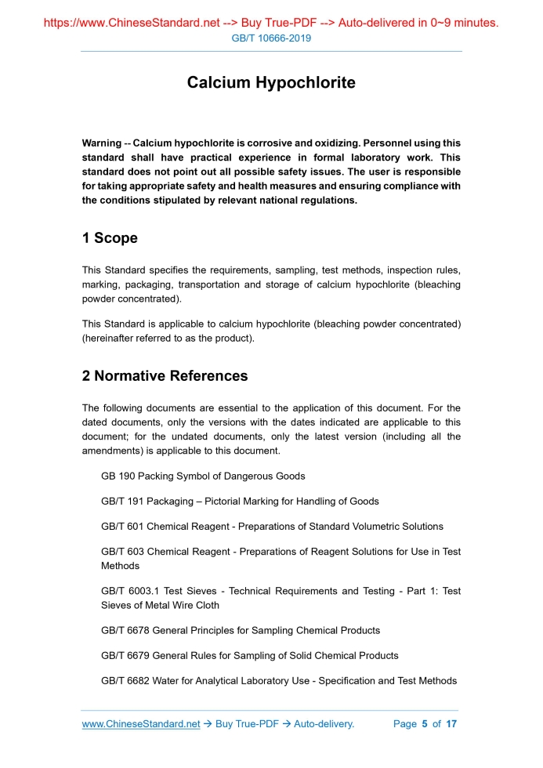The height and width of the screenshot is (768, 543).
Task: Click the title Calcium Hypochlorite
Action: [x=271, y=83]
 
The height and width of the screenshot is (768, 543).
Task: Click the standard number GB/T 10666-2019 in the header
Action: [x=271, y=38]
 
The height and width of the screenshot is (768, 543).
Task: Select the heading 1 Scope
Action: [x=110, y=238]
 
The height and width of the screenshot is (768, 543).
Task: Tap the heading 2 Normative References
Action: [x=165, y=376]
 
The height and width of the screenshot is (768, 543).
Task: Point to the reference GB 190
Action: [x=118, y=476]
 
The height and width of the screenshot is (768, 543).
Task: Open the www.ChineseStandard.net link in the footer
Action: [x=141, y=724]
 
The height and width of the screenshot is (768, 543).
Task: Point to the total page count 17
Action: [x=451, y=724]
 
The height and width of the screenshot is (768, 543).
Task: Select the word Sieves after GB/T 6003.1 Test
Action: [x=198, y=592]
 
